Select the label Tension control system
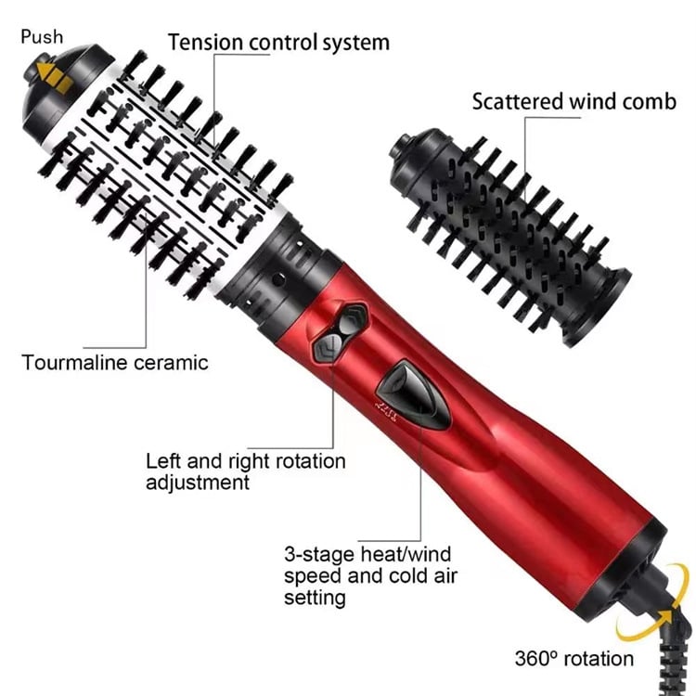(x=278, y=42)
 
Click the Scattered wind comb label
(x=574, y=100)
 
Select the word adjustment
(x=197, y=483)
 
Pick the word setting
(x=315, y=599)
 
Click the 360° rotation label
(x=574, y=659)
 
